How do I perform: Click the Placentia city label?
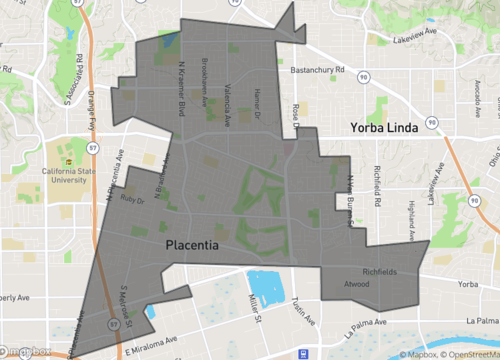pyautogui.click(x=192, y=244)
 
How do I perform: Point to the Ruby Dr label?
pyautogui.click(x=132, y=199)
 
